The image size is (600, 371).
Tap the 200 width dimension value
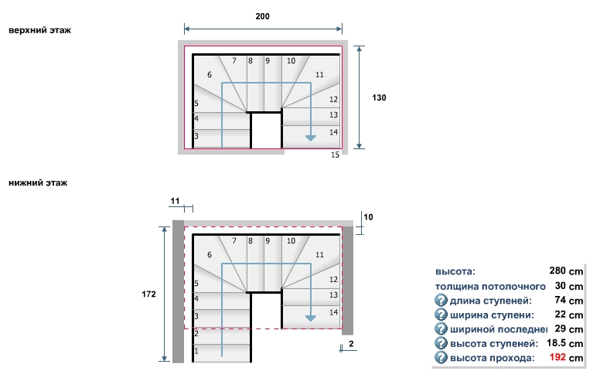pos(262,16)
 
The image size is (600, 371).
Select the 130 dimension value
pos(379,98)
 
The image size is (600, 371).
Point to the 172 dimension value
pos(149,294)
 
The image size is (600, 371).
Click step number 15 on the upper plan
pos(335,155)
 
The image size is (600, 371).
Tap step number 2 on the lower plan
pos(196,333)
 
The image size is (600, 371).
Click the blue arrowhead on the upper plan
pos(311,138)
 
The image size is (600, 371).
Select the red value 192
pos(558,358)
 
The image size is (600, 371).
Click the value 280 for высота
pos(558,271)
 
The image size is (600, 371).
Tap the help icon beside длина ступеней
pos(441,300)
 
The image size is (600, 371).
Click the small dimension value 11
pos(175,201)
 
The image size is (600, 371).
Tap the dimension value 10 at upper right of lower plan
pos(368,217)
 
